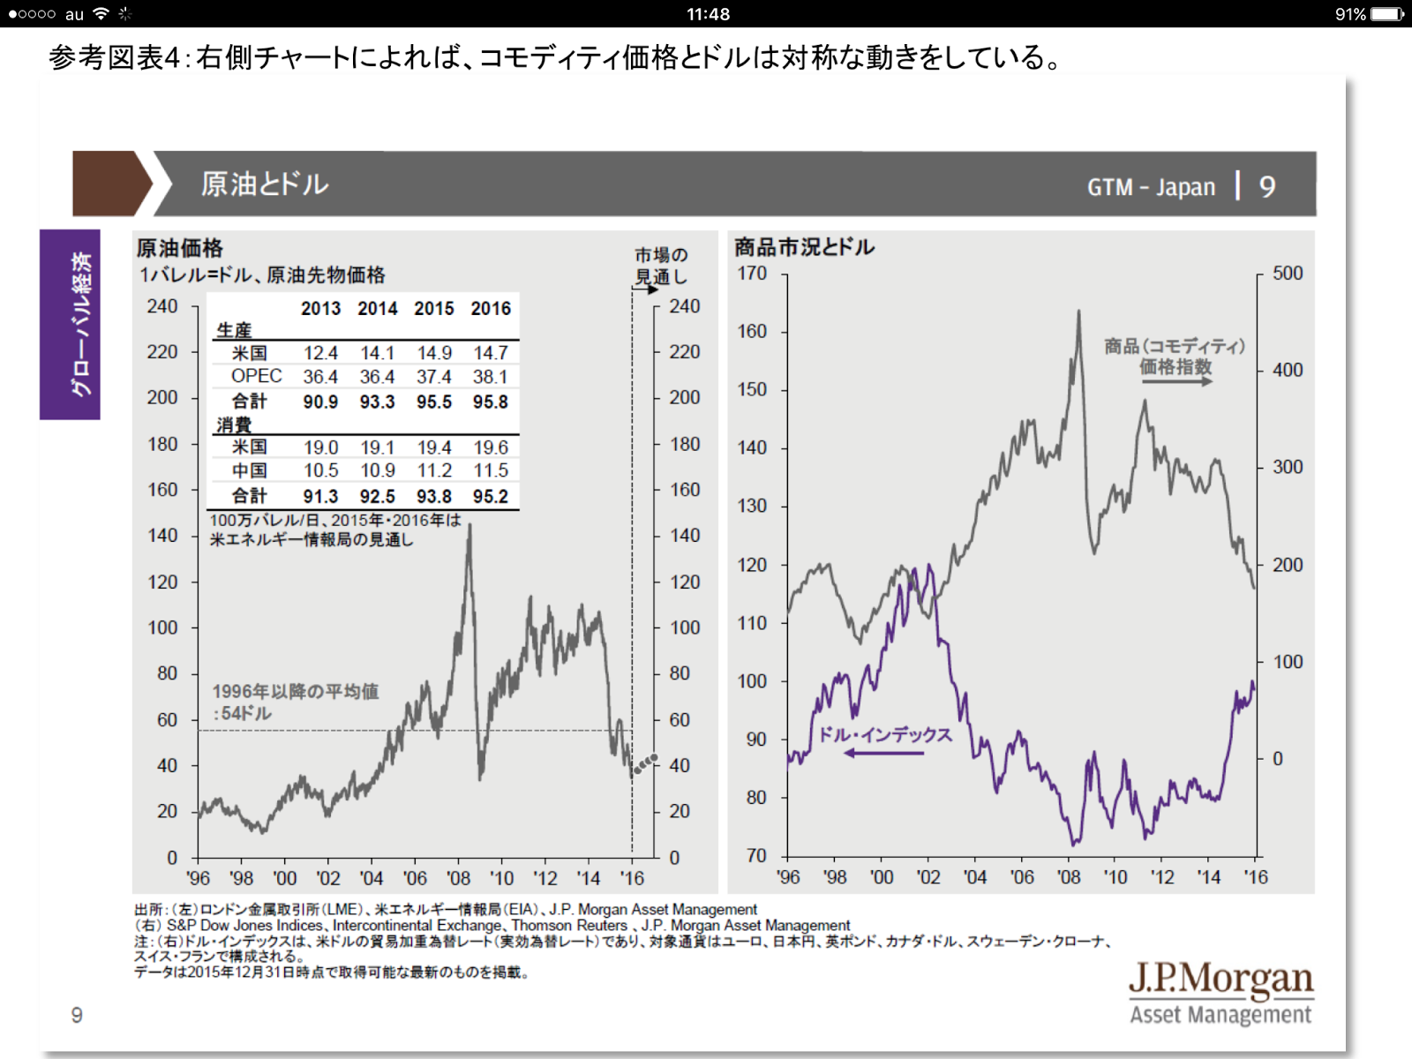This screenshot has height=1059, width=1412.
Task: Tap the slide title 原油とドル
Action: point(265,184)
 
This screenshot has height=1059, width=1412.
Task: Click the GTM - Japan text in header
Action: point(1151,187)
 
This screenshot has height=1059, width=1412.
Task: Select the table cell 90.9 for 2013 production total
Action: point(320,402)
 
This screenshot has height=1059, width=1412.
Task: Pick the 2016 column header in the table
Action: point(491,308)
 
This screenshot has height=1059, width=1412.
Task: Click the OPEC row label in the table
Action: point(256,376)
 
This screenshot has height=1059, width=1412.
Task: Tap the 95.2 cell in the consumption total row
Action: point(491,496)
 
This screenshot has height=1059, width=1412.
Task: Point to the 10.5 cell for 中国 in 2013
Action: point(320,470)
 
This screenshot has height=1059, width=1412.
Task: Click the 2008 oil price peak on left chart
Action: point(469,526)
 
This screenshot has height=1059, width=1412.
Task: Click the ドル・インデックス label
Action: point(884,734)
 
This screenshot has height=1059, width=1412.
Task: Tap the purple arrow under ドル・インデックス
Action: point(883,753)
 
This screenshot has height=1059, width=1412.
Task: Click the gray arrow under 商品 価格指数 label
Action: point(1175,381)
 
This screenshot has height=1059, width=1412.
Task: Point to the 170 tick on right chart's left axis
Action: point(752,274)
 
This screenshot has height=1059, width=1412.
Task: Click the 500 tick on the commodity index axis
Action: point(1288,274)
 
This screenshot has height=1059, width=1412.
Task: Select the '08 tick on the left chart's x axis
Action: point(458,878)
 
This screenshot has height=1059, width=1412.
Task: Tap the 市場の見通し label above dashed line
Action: point(661,266)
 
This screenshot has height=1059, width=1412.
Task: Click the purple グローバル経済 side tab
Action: point(70,324)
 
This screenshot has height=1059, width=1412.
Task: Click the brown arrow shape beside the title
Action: point(110,184)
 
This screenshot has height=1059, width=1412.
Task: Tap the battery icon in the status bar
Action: point(1386,14)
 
